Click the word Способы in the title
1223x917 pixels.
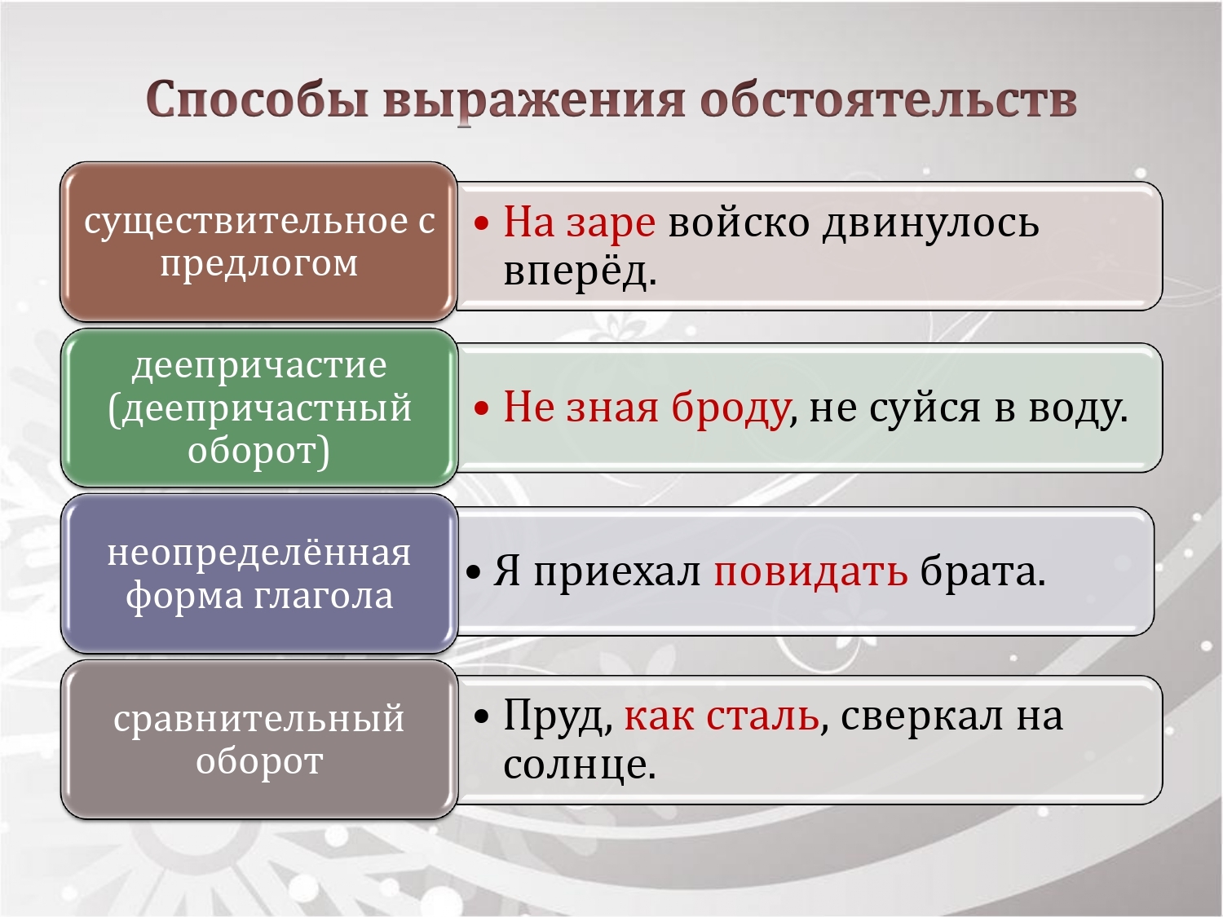[258, 100]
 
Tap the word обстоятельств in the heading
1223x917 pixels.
[888, 99]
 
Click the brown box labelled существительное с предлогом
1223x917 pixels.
[258, 241]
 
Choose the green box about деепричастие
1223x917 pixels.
[258, 407]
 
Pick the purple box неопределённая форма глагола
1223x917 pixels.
[258, 573]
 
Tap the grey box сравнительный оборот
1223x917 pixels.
[258, 738]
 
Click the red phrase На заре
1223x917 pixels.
[580, 223]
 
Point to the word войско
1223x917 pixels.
[739, 223]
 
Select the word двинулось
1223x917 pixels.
[931, 223]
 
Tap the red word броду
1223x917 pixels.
[730, 407]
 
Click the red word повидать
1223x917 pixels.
[810, 571]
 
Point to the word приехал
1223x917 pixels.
[616, 572]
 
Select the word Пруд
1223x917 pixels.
[554, 716]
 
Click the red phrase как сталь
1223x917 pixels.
[722, 716]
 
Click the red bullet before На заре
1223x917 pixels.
[481, 224]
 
